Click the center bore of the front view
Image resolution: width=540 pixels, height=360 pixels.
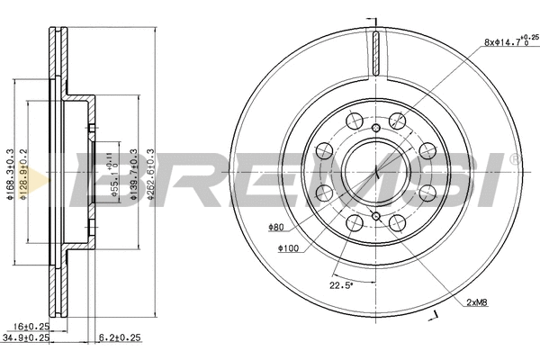click(373, 167)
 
